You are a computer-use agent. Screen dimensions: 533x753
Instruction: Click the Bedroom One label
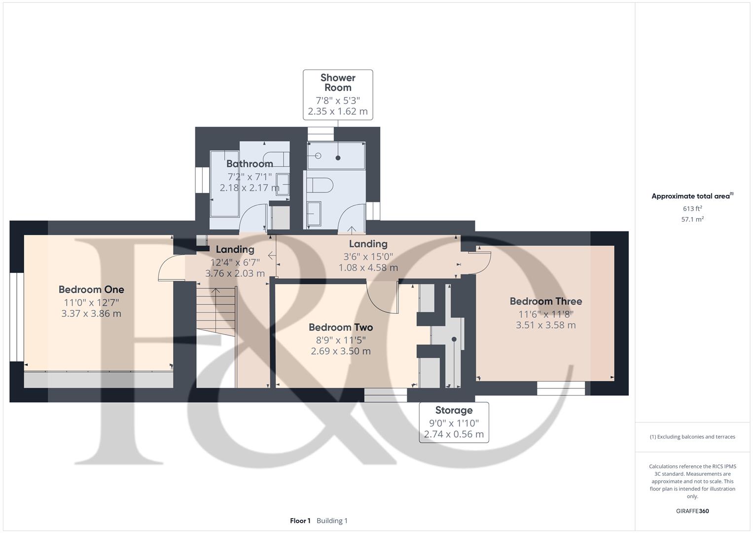click(x=91, y=290)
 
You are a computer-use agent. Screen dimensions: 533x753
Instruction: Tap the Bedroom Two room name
click(x=341, y=327)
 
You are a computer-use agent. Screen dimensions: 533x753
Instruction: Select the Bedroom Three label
click(x=546, y=301)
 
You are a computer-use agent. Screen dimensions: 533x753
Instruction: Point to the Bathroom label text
click(x=250, y=164)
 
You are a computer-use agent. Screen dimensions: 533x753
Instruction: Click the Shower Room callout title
click(x=338, y=82)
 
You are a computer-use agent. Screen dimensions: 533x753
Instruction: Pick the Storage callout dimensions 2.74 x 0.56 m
click(x=454, y=434)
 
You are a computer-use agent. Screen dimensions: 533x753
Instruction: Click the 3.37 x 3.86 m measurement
click(x=91, y=313)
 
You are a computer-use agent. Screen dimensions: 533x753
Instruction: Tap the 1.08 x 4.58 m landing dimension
click(x=368, y=267)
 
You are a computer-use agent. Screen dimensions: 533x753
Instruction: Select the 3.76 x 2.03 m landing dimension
click(x=235, y=273)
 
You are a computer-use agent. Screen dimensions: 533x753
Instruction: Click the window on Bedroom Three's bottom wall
click(x=561, y=388)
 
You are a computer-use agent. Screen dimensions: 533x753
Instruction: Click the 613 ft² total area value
click(x=692, y=209)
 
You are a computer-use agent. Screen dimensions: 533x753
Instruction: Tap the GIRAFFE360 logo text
click(x=692, y=511)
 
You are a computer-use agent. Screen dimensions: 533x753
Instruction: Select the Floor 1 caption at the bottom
click(x=300, y=521)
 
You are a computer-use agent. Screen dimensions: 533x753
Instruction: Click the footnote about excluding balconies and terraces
click(x=692, y=437)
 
